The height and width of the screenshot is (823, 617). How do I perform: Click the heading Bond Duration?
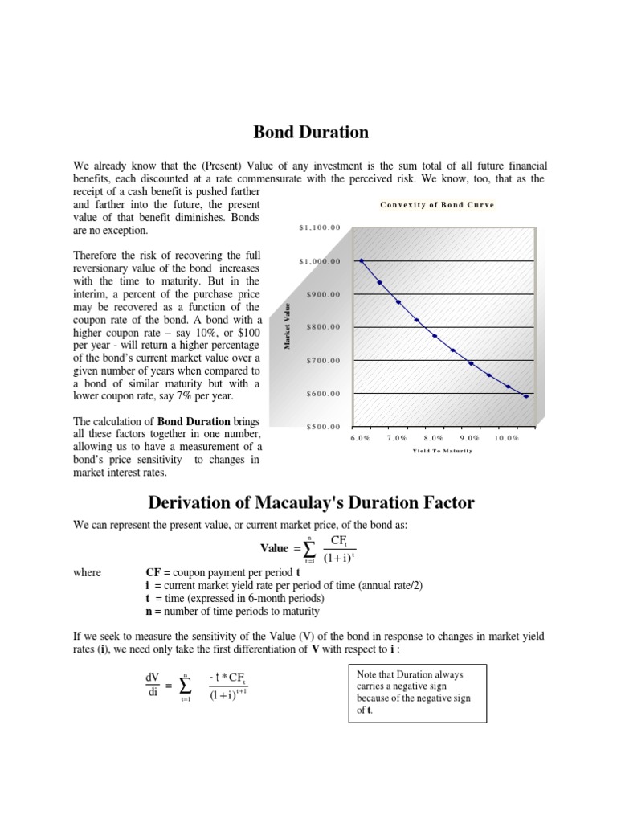click(x=312, y=132)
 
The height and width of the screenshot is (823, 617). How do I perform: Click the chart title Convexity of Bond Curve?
click(x=437, y=205)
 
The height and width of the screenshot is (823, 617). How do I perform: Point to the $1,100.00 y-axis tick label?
click(x=320, y=227)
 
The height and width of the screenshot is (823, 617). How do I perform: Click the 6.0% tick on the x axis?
click(x=361, y=438)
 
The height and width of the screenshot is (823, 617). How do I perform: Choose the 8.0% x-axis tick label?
click(x=433, y=438)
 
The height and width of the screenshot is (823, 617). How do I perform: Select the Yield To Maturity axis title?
click(x=442, y=451)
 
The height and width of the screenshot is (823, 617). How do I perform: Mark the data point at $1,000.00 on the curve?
click(x=362, y=261)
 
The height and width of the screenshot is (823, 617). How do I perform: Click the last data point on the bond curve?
click(x=526, y=396)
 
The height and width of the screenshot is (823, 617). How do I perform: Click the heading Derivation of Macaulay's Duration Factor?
click(x=312, y=503)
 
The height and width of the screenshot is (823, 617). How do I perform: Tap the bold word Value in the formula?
click(x=275, y=548)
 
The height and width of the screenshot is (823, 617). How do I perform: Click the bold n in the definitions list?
click(x=148, y=611)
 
